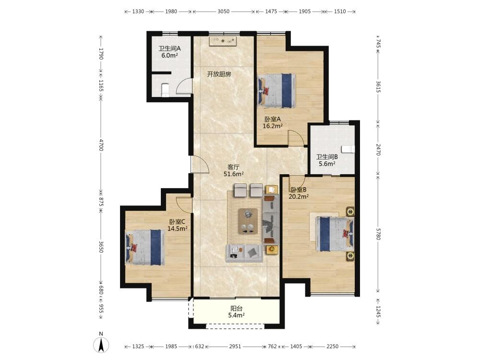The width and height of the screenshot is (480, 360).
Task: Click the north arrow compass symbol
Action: point(101,344)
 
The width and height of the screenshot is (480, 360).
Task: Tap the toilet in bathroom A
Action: point(165,90)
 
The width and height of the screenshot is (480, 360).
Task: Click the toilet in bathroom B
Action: point(348,149)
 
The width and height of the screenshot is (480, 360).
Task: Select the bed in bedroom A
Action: point(277,91)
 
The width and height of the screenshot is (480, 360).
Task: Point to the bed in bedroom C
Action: point(145,247)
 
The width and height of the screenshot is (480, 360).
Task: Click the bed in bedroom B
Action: point(335,234)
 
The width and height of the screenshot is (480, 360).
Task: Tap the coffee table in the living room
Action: point(248,221)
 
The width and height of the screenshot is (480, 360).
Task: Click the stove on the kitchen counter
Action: point(223,41)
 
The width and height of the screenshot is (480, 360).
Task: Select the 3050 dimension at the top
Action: point(224,12)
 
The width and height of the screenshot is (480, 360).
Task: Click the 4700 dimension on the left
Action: point(101,145)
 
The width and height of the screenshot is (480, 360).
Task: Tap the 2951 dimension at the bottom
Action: point(235,347)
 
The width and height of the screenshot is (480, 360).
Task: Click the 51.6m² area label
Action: point(234,174)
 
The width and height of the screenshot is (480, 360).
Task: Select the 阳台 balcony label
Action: point(236,309)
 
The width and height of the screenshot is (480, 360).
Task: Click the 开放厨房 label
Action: point(219,74)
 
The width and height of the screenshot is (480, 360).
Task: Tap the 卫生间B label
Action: point(327,157)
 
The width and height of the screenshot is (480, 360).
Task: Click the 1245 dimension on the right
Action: point(378,312)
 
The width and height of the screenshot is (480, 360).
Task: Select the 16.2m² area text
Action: point(273,126)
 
